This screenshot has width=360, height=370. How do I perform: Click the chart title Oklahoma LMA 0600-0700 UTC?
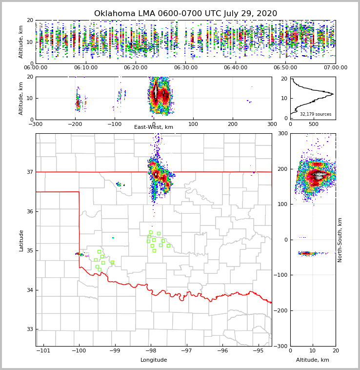coord(185,14)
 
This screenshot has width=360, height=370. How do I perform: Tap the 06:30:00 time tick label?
coord(185,68)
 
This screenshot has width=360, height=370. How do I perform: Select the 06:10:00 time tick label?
coord(85,68)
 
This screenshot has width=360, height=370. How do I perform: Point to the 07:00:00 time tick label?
coord(336,68)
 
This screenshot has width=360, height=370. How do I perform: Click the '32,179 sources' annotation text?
coord(316,114)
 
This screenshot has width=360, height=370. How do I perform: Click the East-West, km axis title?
coord(154,127)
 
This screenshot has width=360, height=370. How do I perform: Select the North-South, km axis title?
coord(340,240)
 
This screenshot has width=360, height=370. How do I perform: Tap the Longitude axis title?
coord(154,360)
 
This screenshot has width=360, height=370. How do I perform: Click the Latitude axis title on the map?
coord(21,240)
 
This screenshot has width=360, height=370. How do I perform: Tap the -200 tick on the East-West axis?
coord(75,124)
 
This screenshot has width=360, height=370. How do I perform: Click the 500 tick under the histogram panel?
coord(314,124)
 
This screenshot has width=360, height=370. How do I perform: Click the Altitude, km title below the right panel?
coord(313,360)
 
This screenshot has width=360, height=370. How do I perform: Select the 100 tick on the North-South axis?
coord(283,204)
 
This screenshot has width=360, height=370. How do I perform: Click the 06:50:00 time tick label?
coord(285,68)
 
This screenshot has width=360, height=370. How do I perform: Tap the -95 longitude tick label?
coord(259,351)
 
